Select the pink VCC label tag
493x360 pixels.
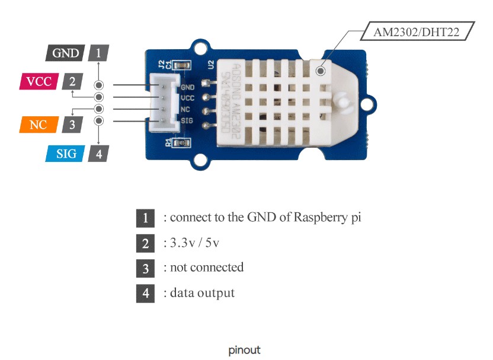point(39,81)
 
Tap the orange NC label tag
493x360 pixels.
point(37,125)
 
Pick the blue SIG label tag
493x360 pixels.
point(65,154)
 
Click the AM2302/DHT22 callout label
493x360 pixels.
point(415,31)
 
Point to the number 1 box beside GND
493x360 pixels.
point(98,53)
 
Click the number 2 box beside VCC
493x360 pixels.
point(72,81)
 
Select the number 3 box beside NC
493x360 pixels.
point(72,125)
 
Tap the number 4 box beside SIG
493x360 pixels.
point(98,154)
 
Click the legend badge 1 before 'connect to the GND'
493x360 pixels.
point(145,218)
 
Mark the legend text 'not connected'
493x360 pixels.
point(206,267)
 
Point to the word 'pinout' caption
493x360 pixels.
point(244,351)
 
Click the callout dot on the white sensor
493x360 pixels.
point(321,71)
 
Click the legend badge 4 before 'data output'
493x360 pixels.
point(145,293)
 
